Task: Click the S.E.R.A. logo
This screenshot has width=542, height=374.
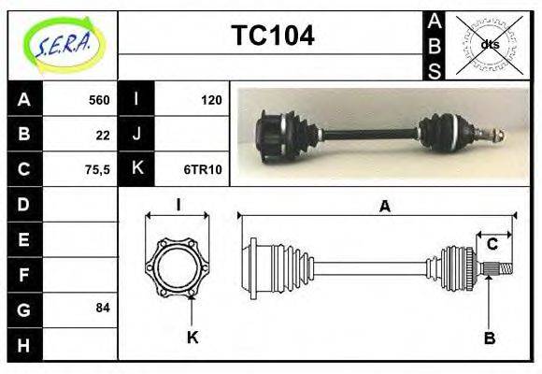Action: (x=63, y=45)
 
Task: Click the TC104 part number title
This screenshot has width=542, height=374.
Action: (x=272, y=36)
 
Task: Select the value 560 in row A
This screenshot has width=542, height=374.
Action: (x=98, y=100)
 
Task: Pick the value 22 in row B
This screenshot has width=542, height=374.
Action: (x=103, y=135)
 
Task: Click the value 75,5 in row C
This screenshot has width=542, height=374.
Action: (x=98, y=169)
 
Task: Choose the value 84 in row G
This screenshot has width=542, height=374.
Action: (x=103, y=308)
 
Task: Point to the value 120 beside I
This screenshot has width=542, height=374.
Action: (x=211, y=100)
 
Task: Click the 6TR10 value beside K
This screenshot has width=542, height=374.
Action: (x=202, y=169)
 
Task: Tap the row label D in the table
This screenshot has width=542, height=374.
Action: (x=24, y=204)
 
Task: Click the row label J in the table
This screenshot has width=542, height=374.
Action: (x=136, y=135)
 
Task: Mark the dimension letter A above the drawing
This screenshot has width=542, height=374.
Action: (x=384, y=208)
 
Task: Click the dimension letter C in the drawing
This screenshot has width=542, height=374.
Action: (x=492, y=245)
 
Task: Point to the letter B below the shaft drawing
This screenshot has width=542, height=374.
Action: (x=489, y=337)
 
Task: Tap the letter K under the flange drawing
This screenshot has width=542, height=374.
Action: (x=193, y=337)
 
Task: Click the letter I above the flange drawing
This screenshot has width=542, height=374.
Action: (x=178, y=203)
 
